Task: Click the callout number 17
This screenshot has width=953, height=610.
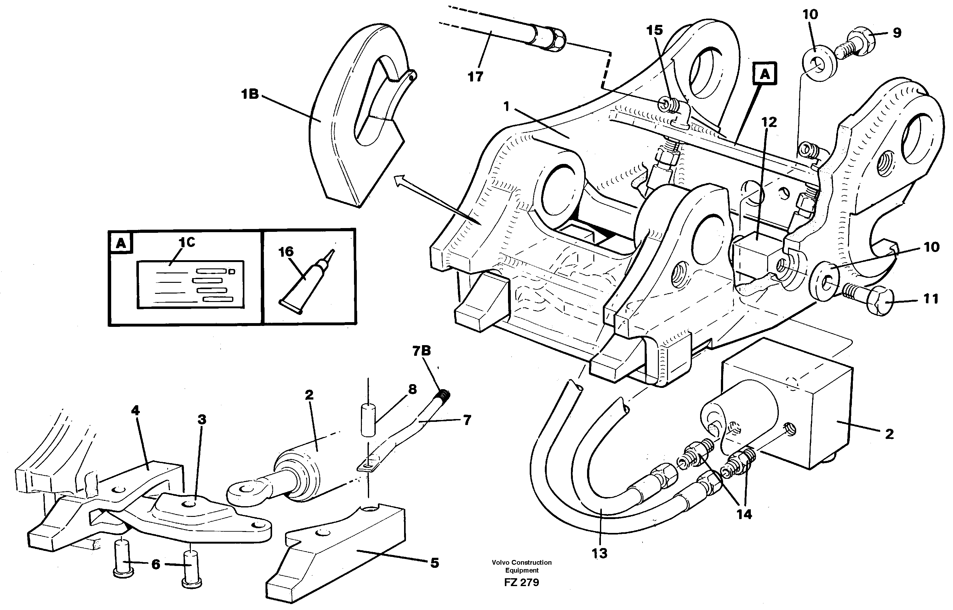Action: pyautogui.click(x=475, y=76)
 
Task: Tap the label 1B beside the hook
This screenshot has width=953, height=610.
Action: pyautogui.click(x=250, y=94)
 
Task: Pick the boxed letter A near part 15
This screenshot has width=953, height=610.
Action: pyautogui.click(x=765, y=74)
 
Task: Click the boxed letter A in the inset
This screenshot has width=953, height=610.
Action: pyautogui.click(x=121, y=243)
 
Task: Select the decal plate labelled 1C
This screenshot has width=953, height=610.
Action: pyautogui.click(x=190, y=284)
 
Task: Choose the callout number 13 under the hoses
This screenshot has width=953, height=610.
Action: pyautogui.click(x=599, y=553)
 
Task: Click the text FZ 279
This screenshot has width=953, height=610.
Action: pyautogui.click(x=521, y=582)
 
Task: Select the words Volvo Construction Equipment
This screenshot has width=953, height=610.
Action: pyautogui.click(x=521, y=566)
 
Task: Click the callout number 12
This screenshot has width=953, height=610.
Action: pyautogui.click(x=769, y=122)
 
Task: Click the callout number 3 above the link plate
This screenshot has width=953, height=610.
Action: pyautogui.click(x=202, y=419)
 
